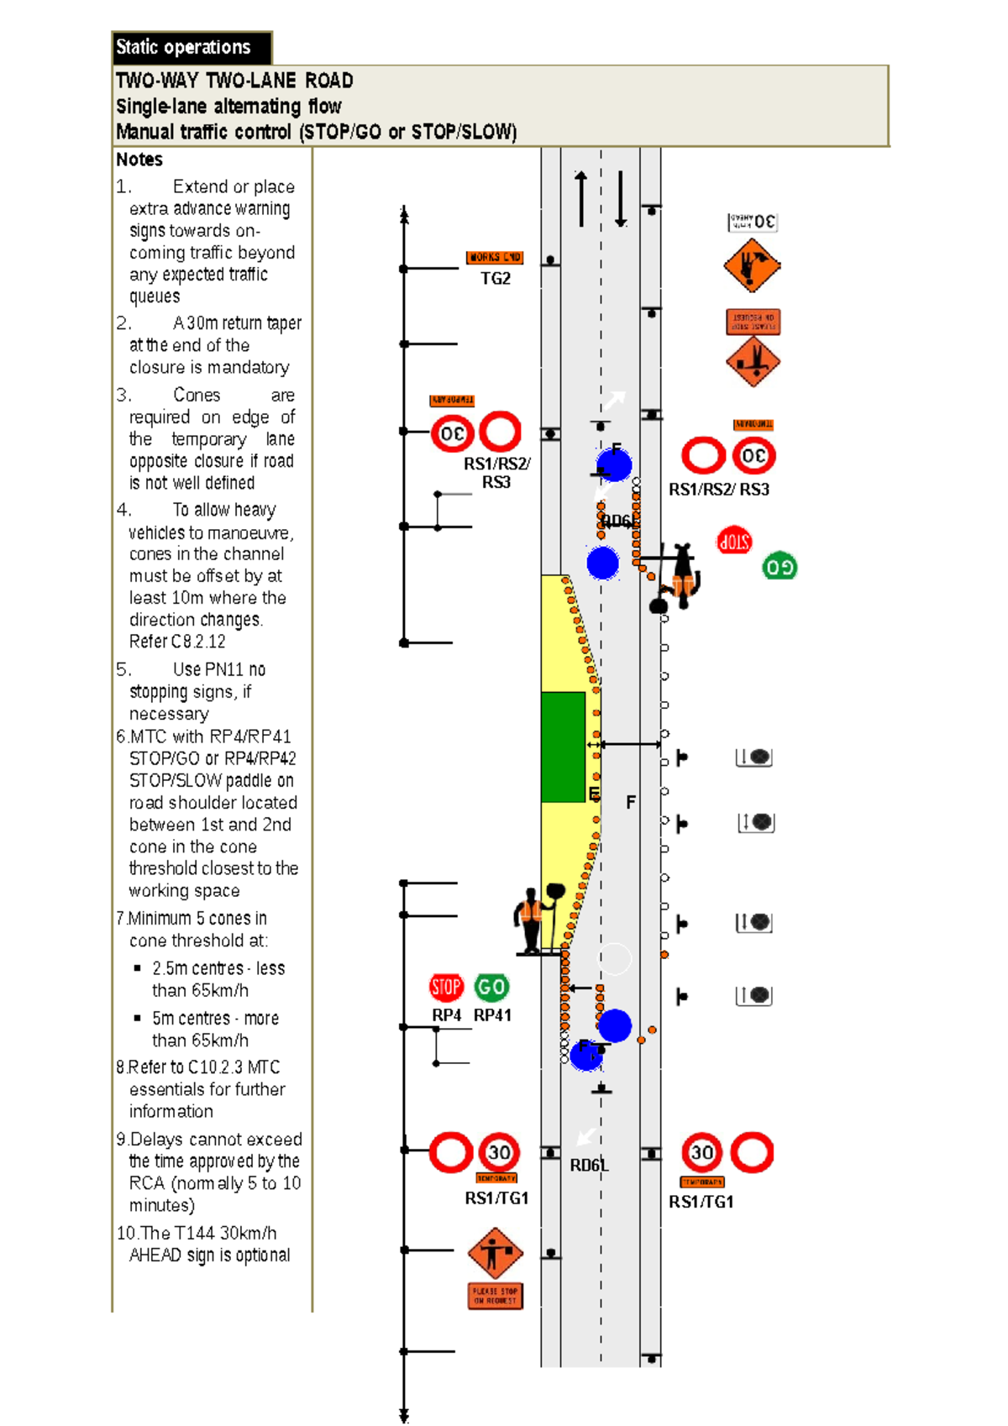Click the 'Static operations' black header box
pos(192,48)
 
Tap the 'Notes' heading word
pos(139,160)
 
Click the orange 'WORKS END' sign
pos(495,258)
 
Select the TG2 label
pos(495,279)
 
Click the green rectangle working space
pos(563,747)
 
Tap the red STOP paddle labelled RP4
pos(446,987)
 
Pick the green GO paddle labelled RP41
pos(491,987)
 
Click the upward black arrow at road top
pos(580,198)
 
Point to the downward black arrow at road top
pos(621,198)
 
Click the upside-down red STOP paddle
pos(734,542)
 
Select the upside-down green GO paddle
pos(779,567)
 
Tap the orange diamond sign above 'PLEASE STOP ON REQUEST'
pos(495,1253)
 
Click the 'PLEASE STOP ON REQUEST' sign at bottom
pos(495,1295)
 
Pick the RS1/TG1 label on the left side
pos(496,1198)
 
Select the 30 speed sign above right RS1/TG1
pos(702,1152)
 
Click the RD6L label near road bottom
pos(589,1166)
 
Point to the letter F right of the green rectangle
pos(630,803)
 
